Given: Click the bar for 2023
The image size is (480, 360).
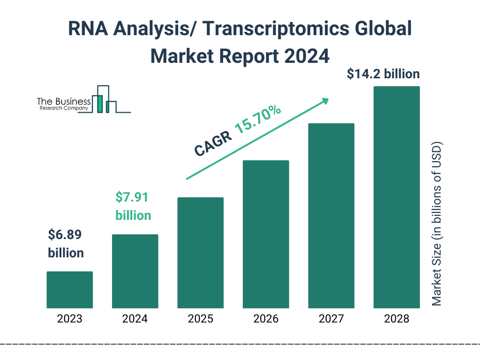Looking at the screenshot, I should tap(69, 290).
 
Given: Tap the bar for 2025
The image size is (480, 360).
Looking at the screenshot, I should tap(200, 253).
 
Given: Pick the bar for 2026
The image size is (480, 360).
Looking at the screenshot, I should tap(266, 234).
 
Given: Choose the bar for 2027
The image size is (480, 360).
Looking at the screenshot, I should tap(331, 216).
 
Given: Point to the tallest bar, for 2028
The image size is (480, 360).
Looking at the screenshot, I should tap(396, 197).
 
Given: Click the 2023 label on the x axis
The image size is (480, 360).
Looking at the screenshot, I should tap(69, 319).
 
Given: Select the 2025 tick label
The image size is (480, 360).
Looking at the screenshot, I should tap(200, 319).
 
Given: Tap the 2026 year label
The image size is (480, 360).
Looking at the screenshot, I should tap(266, 319).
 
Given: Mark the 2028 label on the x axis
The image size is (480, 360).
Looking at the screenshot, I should tap(396, 319).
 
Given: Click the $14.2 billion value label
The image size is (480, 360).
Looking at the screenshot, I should tap(383, 74).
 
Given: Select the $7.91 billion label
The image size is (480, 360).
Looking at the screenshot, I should tap(133, 206).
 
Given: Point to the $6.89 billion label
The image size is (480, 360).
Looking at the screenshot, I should tap(66, 244).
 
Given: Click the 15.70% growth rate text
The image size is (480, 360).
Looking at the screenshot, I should tap(258, 120).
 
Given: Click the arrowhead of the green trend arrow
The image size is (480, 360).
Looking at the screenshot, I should tap(324, 101).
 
